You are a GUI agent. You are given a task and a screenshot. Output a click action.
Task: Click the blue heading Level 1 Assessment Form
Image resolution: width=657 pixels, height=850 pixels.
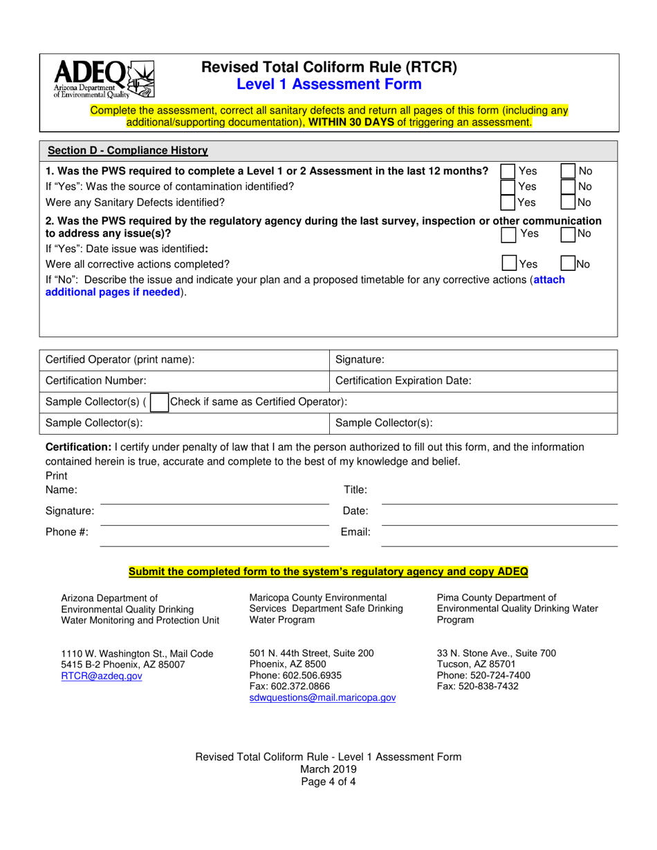pos(328,84)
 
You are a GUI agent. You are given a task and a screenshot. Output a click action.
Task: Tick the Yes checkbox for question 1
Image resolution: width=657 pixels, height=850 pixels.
pos(508,171)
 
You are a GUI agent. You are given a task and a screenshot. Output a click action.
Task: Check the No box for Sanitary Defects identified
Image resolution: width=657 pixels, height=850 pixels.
pos(567,202)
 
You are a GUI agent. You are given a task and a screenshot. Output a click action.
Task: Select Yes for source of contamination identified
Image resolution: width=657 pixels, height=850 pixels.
pos(508,187)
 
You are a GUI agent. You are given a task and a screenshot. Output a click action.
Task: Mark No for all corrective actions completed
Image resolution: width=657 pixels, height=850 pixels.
pos(567,263)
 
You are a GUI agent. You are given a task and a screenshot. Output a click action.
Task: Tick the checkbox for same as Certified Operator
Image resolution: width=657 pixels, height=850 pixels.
pos(159,402)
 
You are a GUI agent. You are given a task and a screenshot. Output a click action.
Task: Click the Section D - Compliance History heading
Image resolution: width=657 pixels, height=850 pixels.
pos(127,151)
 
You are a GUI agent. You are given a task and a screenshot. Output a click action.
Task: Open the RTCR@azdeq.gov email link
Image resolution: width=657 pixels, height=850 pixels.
pos(102,677)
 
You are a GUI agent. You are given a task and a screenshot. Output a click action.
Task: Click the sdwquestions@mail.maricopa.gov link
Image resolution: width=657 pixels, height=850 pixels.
pos(322,698)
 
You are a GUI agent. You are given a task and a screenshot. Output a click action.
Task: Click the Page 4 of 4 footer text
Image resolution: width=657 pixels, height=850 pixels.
pos(328,782)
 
